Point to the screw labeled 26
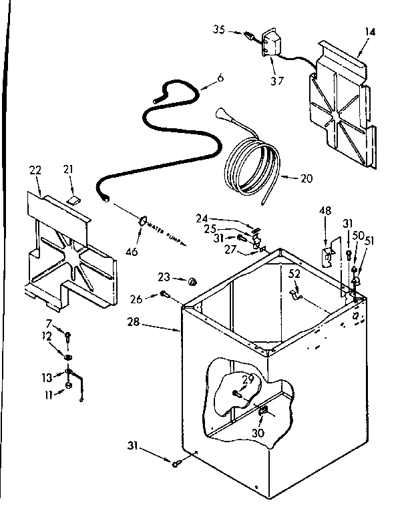click(164, 294)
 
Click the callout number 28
click(134, 323)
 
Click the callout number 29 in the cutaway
click(248, 379)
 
